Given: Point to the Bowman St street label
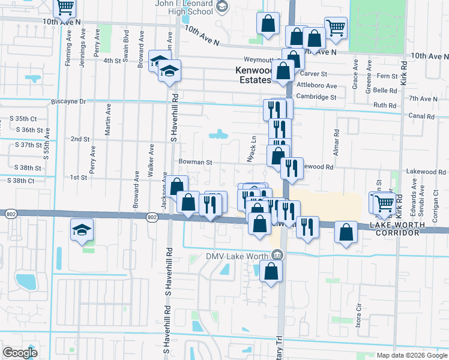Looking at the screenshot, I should (195, 162).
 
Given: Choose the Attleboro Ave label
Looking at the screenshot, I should (317, 85).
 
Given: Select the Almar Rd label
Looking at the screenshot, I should (337, 141).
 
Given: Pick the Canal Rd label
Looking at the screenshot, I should (420, 116).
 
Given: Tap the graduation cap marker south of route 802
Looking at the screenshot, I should (82, 230).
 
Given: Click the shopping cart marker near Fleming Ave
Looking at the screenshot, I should (65, 7).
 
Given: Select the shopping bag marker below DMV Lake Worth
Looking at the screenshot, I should (272, 271).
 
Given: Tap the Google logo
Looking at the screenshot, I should (19, 353).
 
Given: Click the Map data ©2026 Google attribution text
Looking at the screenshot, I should (412, 355).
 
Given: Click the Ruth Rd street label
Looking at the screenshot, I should (385, 104).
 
